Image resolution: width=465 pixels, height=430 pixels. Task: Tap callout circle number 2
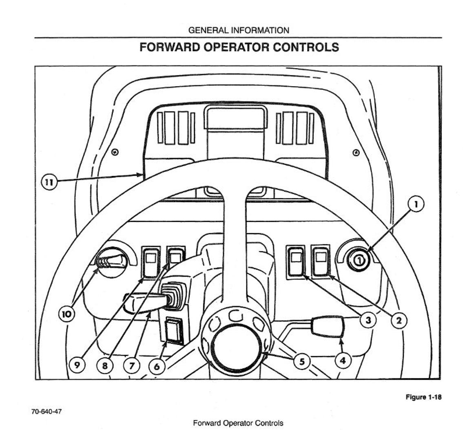(x=399, y=321)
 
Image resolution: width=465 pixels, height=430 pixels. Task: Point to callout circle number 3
(x=368, y=320)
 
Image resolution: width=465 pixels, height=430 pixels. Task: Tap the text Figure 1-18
(x=423, y=397)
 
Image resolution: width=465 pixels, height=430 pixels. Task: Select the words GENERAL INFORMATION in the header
(x=239, y=30)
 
